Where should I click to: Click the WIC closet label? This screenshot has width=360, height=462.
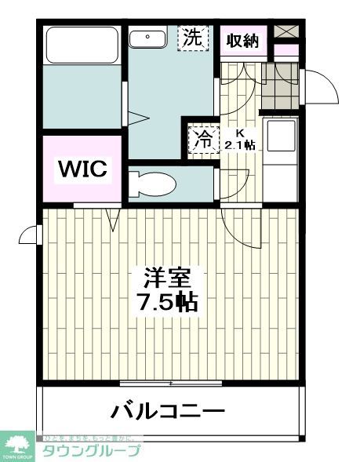(x=81, y=168)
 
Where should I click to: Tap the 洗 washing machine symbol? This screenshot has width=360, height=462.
(x=194, y=37)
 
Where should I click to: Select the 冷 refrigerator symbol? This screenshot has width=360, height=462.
(x=202, y=141)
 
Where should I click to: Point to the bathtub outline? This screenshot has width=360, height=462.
(x=82, y=45)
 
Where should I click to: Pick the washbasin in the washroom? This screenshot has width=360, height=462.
(x=147, y=37)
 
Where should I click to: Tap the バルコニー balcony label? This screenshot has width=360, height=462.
(x=168, y=410)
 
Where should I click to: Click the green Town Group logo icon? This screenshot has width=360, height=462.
(x=17, y=444)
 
